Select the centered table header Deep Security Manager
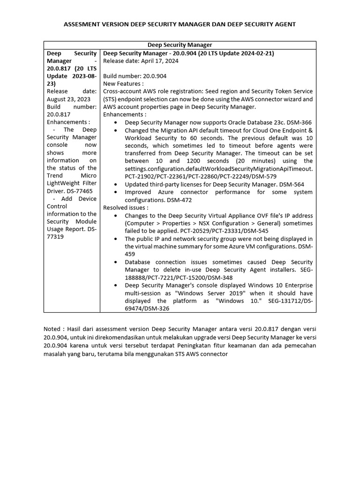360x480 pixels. point(180,45)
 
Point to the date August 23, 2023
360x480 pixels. point(69,99)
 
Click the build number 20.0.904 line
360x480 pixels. point(135,76)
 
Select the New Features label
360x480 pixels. point(123,83)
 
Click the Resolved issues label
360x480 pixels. point(126,208)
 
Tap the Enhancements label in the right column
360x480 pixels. point(125,114)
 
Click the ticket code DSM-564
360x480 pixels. point(292,185)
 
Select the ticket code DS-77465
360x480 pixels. point(79,191)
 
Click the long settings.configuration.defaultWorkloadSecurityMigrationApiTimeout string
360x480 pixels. point(218,168)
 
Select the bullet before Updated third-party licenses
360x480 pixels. point(116,185)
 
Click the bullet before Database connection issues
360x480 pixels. point(116,262)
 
